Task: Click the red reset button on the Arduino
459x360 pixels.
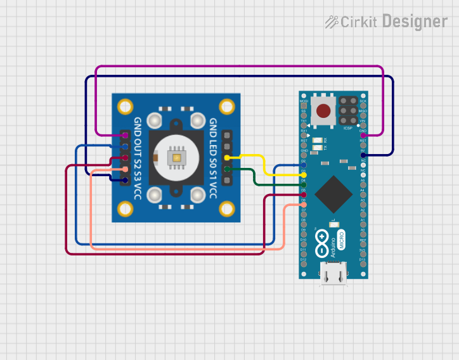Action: point(323,111)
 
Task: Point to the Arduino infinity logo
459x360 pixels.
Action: point(323,243)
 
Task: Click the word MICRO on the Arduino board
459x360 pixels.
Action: point(341,240)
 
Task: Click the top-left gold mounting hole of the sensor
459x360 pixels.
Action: point(126,105)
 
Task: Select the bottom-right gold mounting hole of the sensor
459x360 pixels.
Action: point(226,210)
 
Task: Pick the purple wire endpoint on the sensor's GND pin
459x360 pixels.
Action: point(125,135)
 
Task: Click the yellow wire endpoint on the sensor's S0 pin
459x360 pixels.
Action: point(227,157)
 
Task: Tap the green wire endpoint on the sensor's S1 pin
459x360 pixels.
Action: point(227,169)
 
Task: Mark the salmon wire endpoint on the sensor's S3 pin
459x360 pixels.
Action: point(125,169)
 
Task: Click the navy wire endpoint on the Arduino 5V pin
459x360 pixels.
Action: point(363,155)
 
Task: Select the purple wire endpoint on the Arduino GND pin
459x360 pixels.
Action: point(363,135)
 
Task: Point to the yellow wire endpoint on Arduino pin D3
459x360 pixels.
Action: point(304,174)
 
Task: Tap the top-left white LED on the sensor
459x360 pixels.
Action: point(155,120)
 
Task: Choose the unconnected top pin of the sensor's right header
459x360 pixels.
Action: point(227,135)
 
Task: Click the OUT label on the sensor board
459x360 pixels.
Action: point(138,143)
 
